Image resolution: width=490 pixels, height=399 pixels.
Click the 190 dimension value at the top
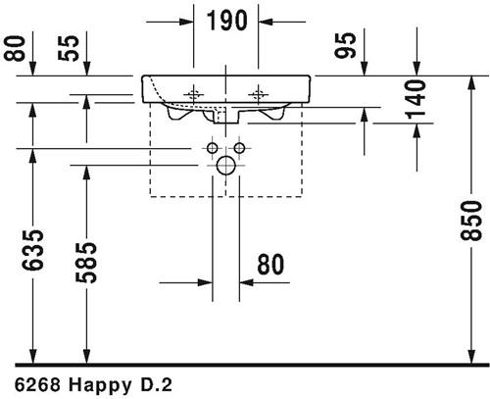(x=227, y=21)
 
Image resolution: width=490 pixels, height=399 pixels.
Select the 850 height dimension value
(x=470, y=221)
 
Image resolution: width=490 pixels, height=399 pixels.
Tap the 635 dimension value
(x=32, y=250)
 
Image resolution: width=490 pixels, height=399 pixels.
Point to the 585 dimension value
(x=86, y=263)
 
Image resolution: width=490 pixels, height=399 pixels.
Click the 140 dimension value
(x=416, y=99)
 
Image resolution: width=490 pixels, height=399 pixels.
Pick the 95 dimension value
(x=345, y=45)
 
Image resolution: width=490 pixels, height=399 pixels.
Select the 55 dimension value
(x=69, y=48)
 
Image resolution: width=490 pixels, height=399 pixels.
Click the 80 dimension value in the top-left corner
(x=15, y=48)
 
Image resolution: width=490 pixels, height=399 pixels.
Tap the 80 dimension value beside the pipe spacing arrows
(x=270, y=264)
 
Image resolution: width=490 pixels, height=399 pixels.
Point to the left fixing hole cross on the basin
(x=194, y=95)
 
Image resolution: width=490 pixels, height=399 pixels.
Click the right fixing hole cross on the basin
(x=259, y=95)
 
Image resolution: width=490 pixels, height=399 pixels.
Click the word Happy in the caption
(x=100, y=385)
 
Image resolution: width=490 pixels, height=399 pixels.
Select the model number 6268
(x=37, y=385)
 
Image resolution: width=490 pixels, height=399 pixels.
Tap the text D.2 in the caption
(x=156, y=385)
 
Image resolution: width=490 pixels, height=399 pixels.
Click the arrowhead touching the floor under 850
(x=470, y=356)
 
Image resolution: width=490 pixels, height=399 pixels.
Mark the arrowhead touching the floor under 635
(x=32, y=356)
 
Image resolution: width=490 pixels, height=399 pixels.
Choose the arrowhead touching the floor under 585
(x=86, y=356)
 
